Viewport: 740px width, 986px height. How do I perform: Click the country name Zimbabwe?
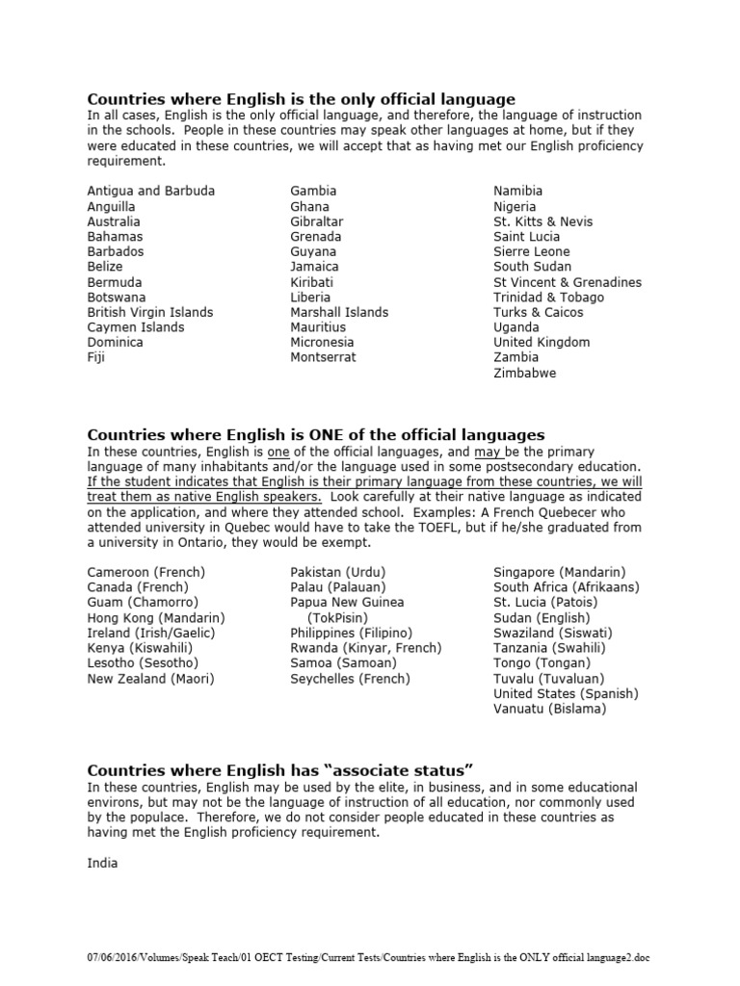pos(524,373)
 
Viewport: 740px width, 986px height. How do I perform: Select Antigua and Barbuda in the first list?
pos(150,191)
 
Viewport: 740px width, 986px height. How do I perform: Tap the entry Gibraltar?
pos(316,221)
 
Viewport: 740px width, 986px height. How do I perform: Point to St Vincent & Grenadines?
pos(567,282)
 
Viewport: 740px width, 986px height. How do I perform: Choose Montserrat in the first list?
pos(323,357)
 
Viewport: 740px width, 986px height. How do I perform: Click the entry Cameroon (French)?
pos(145,572)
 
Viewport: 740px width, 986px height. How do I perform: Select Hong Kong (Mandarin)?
pos(155,617)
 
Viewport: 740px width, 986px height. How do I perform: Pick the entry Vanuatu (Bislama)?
pos(549,709)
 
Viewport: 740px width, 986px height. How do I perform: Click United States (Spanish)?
pos(566,693)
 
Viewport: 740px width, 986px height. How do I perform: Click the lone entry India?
pos(102,863)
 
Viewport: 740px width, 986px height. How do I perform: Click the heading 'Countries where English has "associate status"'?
pos(279,770)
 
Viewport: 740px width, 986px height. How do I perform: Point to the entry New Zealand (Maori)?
pos(150,679)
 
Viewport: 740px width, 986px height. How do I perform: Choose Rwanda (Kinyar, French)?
pos(365,648)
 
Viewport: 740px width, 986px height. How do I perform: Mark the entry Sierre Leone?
pos(531,251)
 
